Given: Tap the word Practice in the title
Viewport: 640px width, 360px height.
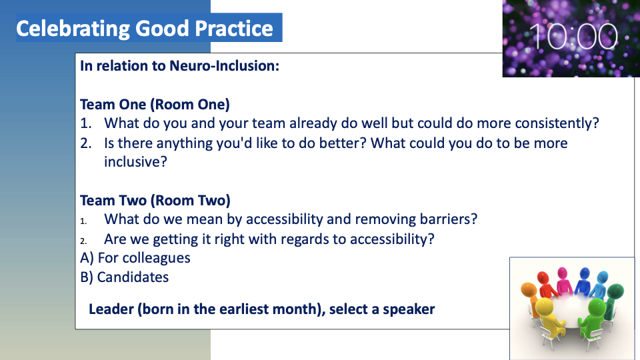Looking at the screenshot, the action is (233, 29).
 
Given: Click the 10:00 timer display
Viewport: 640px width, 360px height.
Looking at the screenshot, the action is (573, 36).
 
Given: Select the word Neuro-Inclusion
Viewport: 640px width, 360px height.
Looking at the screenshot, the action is (224, 66).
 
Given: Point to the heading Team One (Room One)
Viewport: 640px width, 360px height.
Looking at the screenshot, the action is (155, 105).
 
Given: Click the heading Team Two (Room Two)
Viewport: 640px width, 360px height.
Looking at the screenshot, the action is (155, 201).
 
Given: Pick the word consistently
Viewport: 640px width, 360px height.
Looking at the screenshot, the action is (557, 123).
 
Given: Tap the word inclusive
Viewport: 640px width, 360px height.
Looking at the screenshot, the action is (135, 161).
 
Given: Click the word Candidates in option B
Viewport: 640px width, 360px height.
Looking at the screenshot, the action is (133, 277).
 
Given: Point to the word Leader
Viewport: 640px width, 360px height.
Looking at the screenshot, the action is (111, 309).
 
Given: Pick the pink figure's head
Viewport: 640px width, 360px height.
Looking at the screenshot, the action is (563, 272).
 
